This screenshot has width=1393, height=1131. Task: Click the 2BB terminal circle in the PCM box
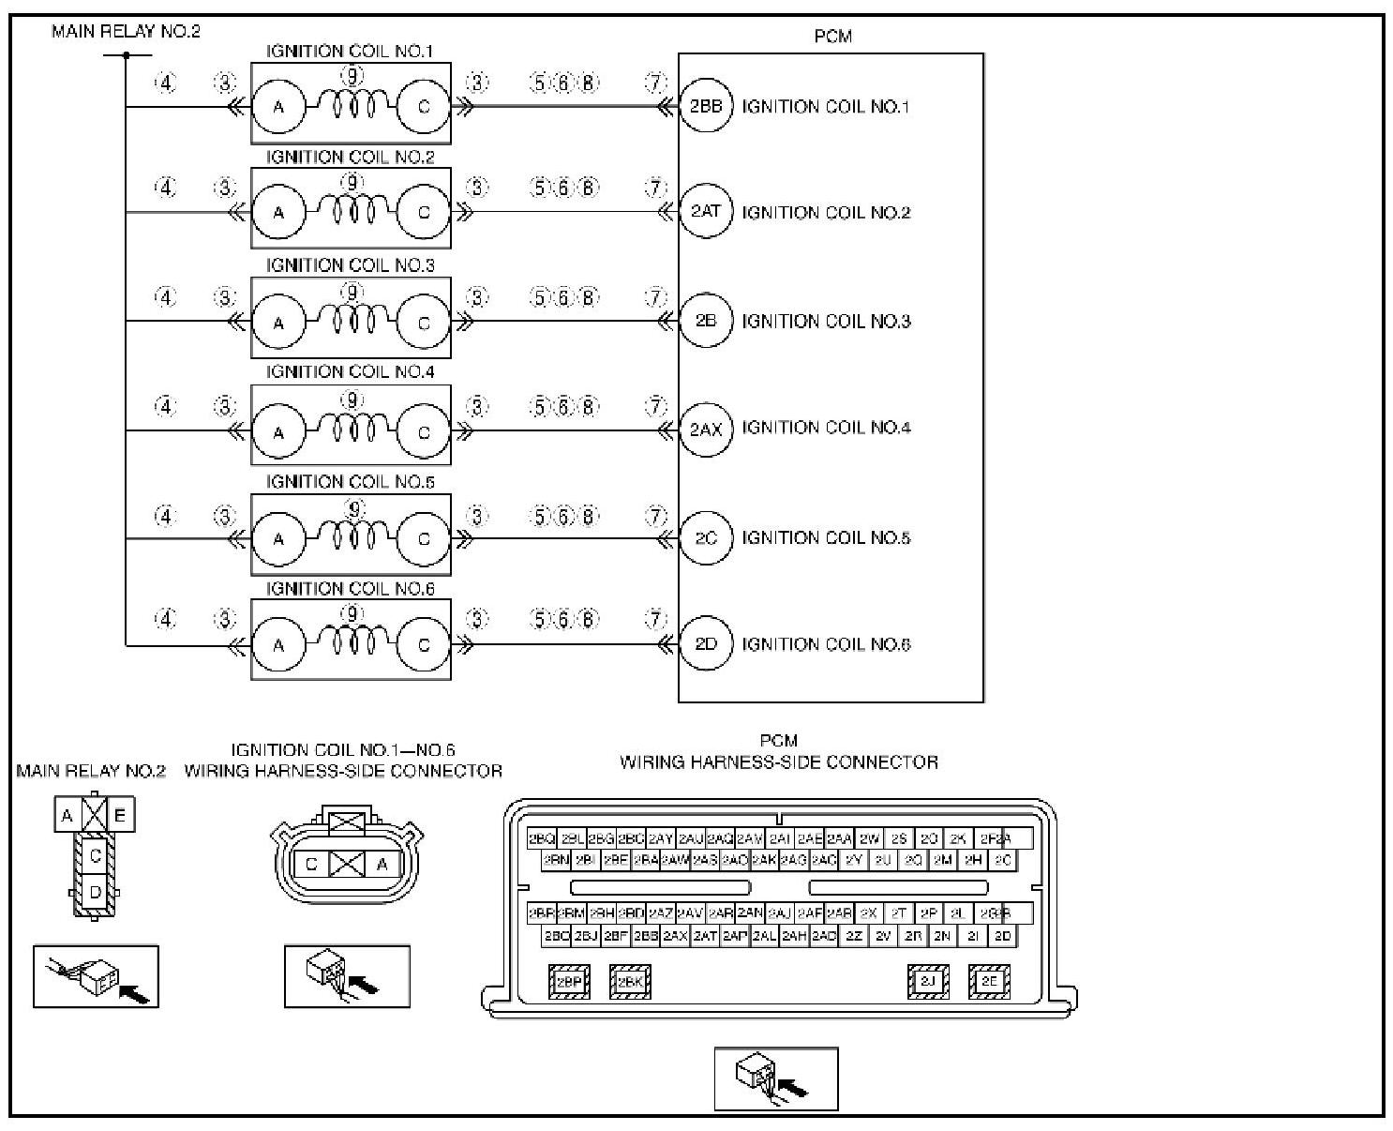tap(706, 107)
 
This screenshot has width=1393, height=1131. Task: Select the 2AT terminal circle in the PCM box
tap(706, 212)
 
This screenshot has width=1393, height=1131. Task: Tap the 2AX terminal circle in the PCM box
tap(706, 430)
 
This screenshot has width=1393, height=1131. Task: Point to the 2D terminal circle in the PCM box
tap(706, 644)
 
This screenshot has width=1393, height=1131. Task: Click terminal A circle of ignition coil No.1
tap(278, 107)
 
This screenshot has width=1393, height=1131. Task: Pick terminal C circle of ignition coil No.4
tap(424, 432)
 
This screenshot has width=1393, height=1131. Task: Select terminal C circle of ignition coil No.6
tap(424, 645)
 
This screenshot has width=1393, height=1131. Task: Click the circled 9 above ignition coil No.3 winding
tap(352, 293)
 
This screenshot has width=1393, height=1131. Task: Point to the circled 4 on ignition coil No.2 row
tap(165, 188)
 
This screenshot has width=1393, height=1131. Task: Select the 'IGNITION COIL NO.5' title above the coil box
tap(351, 482)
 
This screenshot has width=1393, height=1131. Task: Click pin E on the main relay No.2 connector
tap(120, 816)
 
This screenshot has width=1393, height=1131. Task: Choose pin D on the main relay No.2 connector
tap(95, 893)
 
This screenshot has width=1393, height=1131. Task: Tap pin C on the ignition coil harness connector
tap(312, 864)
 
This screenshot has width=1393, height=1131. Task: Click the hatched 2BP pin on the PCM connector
tap(568, 982)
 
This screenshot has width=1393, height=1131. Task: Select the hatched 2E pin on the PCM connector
tap(988, 982)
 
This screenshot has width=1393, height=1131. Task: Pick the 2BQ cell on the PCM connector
tap(542, 838)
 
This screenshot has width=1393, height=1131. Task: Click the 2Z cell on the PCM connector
tap(854, 936)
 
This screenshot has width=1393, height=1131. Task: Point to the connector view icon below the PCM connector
tap(775, 1078)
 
